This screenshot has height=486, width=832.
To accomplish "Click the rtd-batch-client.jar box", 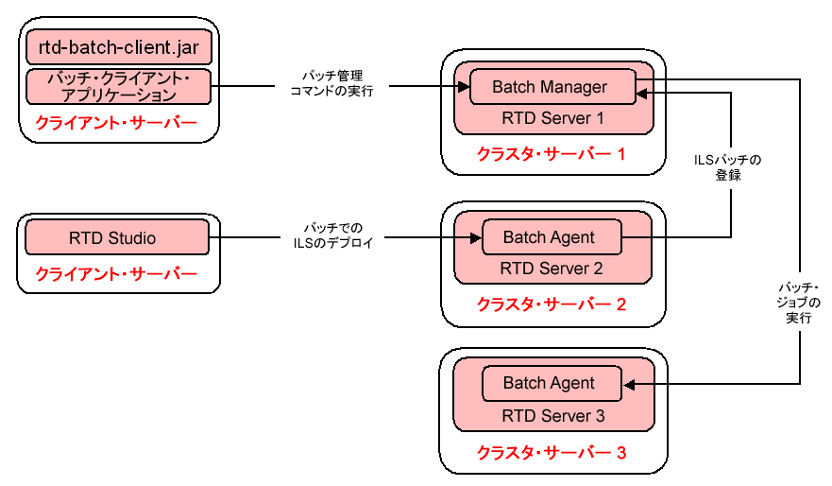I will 118,46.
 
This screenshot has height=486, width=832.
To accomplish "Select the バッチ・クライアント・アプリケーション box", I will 118,86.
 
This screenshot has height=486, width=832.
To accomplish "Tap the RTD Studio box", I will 116,237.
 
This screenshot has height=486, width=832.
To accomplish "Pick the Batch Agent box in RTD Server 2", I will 551,237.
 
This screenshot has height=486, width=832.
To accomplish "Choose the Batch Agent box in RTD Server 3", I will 551,383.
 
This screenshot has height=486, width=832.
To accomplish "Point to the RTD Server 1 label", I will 552,118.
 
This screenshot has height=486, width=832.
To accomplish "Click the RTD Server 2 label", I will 552,268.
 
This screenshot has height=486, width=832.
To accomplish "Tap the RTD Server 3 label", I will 552,415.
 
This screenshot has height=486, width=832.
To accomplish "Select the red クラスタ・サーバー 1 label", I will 552,154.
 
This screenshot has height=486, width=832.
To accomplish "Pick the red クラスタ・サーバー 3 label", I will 552,453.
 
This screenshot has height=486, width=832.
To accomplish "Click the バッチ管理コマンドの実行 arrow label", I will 331,83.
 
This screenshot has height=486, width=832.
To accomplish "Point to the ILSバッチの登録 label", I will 727,167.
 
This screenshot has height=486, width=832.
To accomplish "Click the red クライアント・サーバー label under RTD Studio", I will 116,274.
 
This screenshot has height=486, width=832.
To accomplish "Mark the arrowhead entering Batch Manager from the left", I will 464,87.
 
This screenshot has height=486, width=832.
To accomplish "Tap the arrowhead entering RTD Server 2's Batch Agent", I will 476,237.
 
